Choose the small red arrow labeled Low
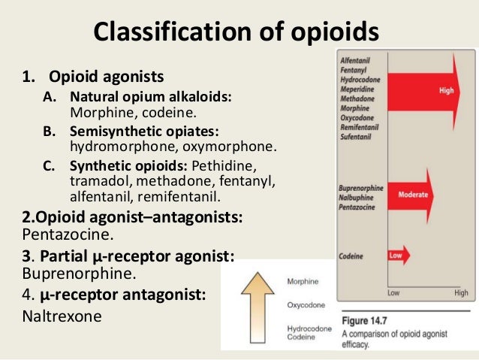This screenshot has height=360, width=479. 398,255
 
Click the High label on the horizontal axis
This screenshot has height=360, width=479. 460,293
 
